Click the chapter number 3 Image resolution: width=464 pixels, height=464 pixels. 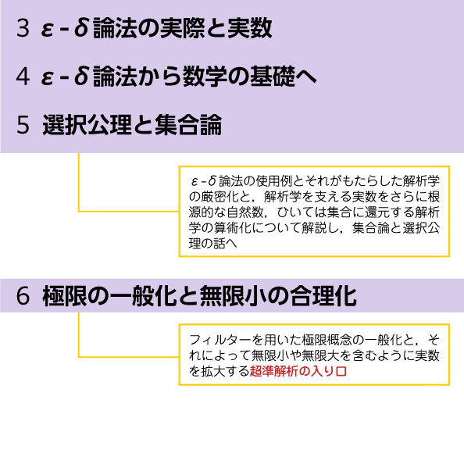click(x=23, y=28)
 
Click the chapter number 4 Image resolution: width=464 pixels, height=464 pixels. click(x=23, y=77)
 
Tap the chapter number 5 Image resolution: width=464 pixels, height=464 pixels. click(x=23, y=125)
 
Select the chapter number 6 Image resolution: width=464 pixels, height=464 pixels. click(x=23, y=296)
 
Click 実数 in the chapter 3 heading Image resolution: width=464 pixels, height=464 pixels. click(x=250, y=28)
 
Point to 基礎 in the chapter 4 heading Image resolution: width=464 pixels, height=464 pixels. click(x=273, y=77)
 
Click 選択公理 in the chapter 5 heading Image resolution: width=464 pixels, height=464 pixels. click(x=87, y=125)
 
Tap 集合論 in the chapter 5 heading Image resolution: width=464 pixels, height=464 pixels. click(x=188, y=125)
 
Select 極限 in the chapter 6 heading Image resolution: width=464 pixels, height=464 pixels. click(x=65, y=296)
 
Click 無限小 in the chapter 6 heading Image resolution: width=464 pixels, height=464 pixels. click(x=234, y=296)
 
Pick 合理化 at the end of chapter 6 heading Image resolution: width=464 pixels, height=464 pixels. click(x=323, y=296)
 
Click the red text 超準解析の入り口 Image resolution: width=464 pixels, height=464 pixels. click(x=298, y=371)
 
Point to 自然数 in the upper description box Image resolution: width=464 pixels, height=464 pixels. click(x=245, y=212)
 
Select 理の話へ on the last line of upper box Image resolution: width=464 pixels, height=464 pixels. click(x=213, y=243)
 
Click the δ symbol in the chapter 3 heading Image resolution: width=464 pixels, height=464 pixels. click(x=82, y=28)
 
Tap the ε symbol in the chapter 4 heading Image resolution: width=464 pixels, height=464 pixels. click(x=48, y=77)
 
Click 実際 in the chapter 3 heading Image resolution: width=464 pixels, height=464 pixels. click(x=183, y=28)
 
